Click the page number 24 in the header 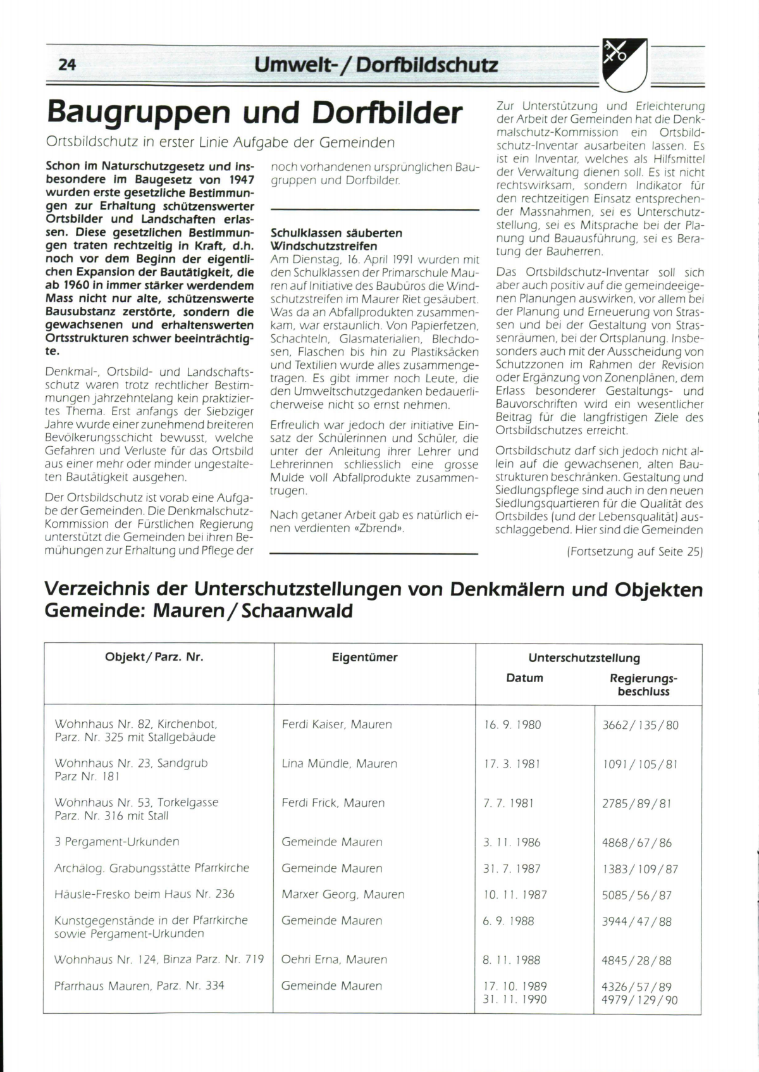tap(67, 65)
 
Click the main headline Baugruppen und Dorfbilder tap(255, 113)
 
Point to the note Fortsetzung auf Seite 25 tap(634, 551)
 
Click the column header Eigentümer tap(364, 658)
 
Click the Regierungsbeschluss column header tap(643, 685)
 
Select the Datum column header tap(524, 678)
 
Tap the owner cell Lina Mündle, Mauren tap(339, 764)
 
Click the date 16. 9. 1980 tap(512, 725)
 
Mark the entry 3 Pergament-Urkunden tap(117, 842)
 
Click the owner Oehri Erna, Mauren tap(334, 959)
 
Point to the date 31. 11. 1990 tap(515, 999)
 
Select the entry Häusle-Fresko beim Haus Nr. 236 tap(144, 894)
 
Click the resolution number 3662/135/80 tap(640, 725)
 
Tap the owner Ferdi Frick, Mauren tap(333, 802)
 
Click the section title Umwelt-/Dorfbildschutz tap(376, 65)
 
